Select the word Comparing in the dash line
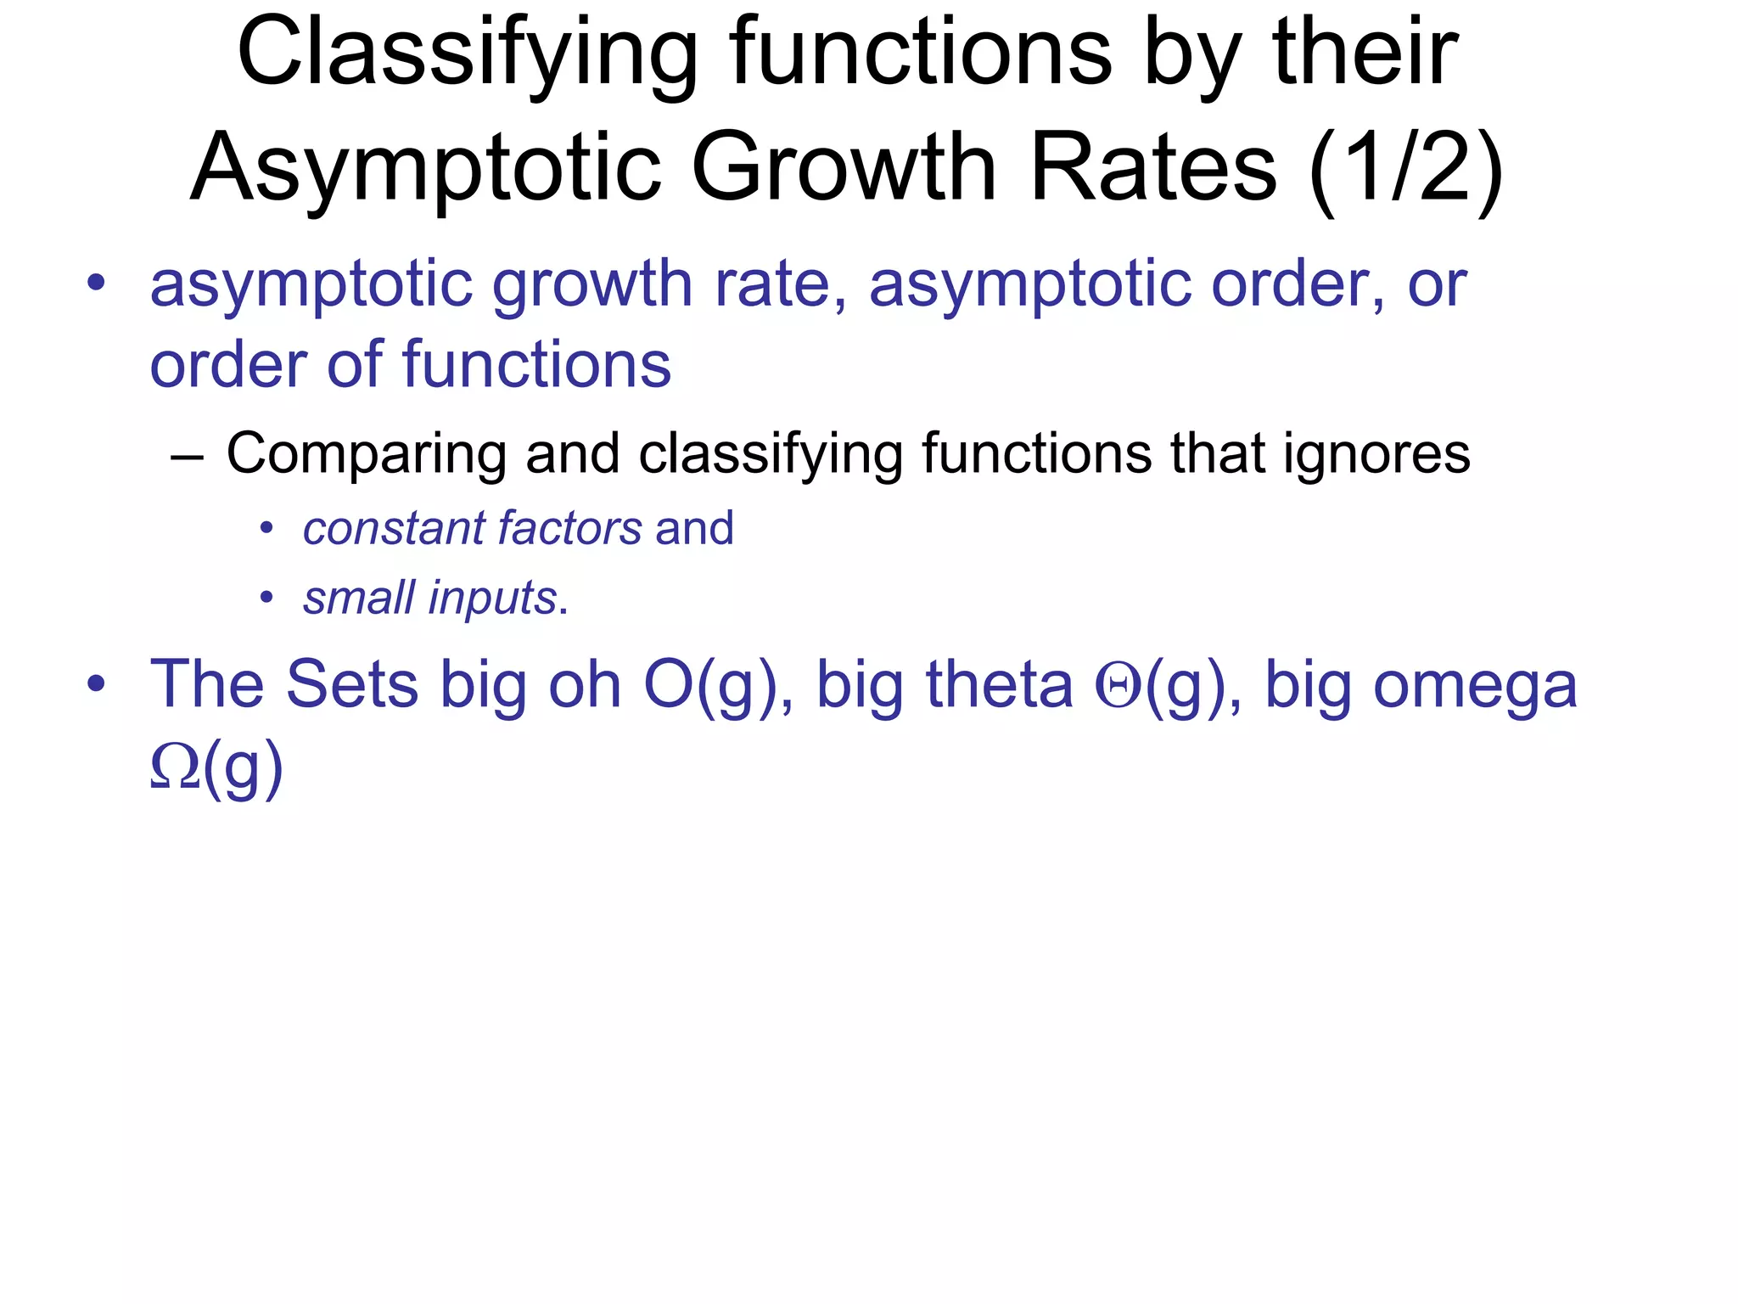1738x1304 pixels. click(x=366, y=454)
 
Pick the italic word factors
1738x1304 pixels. click(x=569, y=529)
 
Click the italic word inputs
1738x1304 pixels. click(x=491, y=598)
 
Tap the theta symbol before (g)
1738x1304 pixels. click(x=1118, y=686)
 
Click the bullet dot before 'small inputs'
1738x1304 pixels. click(x=266, y=599)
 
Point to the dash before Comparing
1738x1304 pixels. click(x=187, y=457)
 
